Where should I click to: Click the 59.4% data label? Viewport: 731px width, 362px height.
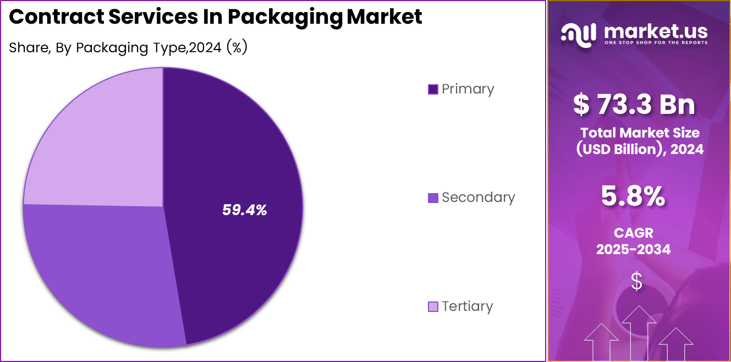coord(244,210)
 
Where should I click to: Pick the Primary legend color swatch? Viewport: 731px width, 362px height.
coord(433,89)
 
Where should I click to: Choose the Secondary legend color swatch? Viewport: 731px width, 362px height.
coord(433,198)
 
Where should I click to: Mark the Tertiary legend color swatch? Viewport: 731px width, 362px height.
coord(433,306)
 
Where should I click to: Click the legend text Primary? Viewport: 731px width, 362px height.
coord(468,89)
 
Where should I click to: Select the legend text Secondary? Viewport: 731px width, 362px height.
coord(478,198)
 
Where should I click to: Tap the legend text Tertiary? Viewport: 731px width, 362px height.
coord(467,306)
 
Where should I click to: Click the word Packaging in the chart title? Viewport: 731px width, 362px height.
coord(285,18)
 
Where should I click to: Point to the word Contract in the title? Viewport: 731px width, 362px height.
coord(56,17)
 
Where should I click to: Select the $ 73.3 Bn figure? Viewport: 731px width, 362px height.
coord(634,105)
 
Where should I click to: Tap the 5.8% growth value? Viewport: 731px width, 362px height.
coord(633,197)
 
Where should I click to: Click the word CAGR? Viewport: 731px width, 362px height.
coord(634,233)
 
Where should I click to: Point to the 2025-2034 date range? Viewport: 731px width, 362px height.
coord(634,249)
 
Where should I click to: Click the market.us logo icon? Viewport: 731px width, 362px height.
coord(578,33)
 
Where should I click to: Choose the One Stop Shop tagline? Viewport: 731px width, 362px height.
coord(656,42)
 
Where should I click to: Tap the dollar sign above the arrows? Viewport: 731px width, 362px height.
coord(636,281)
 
